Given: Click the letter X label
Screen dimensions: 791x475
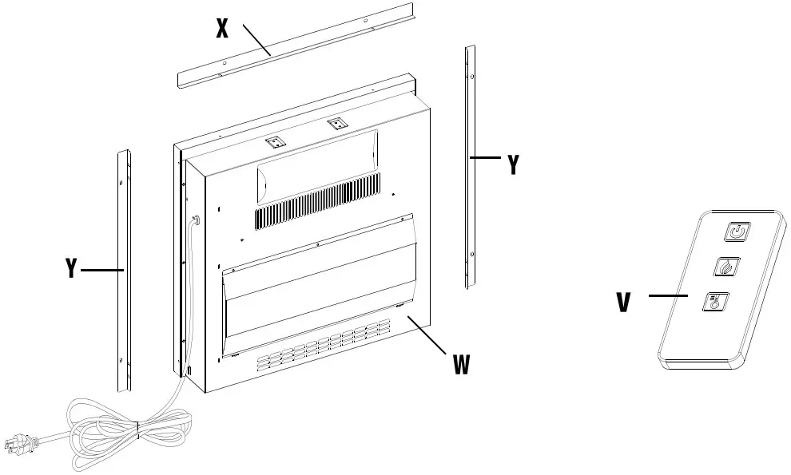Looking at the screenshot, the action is (x=223, y=30).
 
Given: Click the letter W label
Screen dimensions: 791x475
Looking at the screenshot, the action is (x=461, y=364).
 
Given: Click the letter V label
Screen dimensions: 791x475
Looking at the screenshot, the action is (x=624, y=302).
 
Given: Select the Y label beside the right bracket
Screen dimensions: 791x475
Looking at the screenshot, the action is (x=514, y=164).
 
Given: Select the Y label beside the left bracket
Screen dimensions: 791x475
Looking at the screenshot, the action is (x=71, y=269).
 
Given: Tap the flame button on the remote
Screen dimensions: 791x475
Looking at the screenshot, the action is (x=726, y=267).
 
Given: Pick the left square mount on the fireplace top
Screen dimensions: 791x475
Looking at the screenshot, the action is (x=275, y=141).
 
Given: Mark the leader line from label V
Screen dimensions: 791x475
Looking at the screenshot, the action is (x=668, y=296).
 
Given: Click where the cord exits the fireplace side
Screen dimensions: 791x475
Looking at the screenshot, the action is (x=196, y=220).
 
